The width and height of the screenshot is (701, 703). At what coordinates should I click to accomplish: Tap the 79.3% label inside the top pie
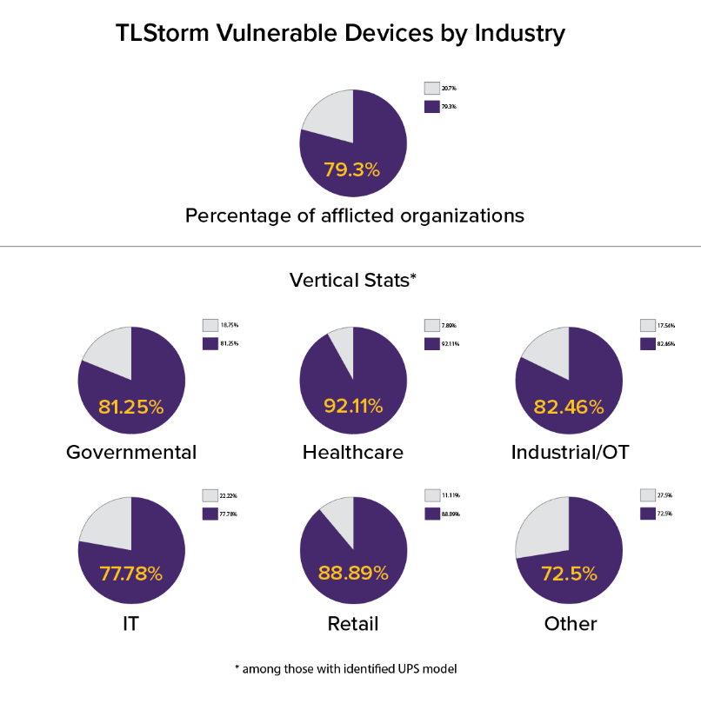click(x=352, y=169)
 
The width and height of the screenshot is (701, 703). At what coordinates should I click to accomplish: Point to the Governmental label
click(x=131, y=452)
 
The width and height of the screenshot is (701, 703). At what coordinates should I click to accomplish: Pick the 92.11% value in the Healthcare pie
click(x=353, y=406)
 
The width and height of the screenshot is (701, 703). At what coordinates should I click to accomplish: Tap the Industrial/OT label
click(x=571, y=452)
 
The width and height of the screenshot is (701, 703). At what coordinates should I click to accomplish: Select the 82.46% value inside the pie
click(x=570, y=406)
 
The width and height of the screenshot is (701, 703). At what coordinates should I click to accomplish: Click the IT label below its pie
click(x=131, y=624)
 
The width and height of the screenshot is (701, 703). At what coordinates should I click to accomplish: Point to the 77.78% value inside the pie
click(x=131, y=574)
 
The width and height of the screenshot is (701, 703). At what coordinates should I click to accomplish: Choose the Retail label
click(x=353, y=624)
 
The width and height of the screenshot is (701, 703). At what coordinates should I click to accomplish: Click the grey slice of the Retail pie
click(x=338, y=518)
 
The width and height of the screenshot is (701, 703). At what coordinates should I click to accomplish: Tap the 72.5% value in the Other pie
click(x=570, y=574)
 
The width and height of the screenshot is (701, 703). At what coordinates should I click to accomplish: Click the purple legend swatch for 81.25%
click(x=210, y=343)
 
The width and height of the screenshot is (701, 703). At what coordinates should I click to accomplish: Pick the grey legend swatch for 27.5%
click(x=647, y=495)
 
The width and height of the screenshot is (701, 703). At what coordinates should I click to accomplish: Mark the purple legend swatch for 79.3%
click(x=431, y=106)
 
